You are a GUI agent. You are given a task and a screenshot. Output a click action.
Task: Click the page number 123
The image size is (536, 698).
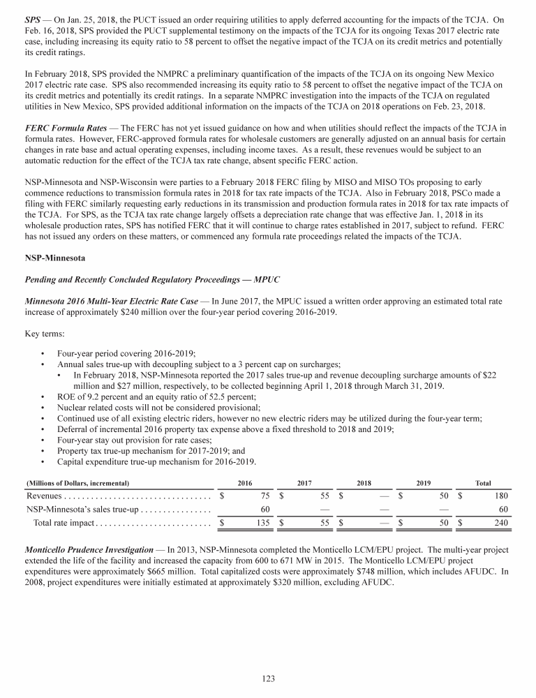268,677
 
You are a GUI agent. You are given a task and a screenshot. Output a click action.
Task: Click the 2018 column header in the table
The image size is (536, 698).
364,483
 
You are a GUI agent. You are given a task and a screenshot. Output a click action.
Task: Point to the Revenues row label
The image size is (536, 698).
45,496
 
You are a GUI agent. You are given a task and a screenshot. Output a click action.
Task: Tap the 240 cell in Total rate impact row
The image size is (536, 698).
491,522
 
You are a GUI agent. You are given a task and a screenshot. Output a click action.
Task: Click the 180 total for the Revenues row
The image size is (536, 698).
491,496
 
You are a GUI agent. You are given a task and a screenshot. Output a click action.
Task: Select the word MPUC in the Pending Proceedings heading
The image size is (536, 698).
265,279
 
